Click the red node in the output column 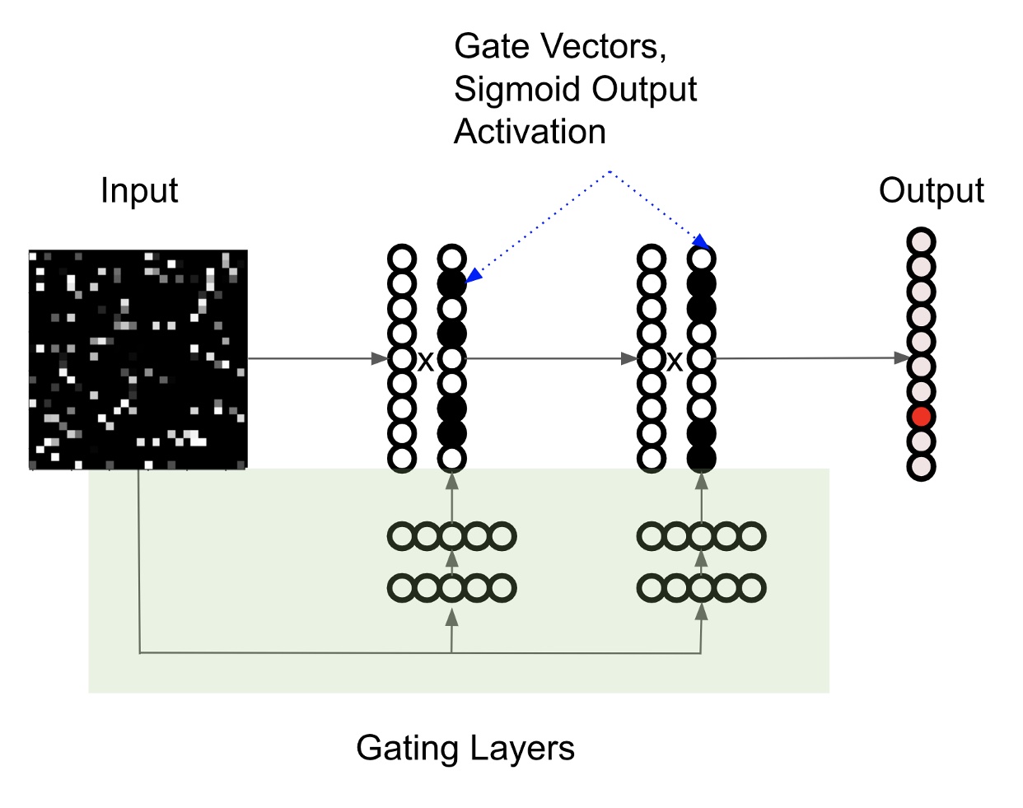point(921,417)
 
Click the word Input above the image point(138,190)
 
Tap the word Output point(931,190)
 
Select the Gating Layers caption point(465,748)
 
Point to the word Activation point(530,132)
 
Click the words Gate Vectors point(559,46)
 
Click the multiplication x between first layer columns point(425,361)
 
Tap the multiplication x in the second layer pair point(675,361)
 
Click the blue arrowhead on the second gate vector point(702,242)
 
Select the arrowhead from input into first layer point(380,358)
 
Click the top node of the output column point(921,242)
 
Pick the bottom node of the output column point(921,466)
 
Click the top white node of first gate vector point(451,259)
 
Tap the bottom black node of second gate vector point(702,458)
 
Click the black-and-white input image point(138,359)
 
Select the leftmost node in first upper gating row point(401,537)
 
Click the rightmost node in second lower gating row point(752,588)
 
